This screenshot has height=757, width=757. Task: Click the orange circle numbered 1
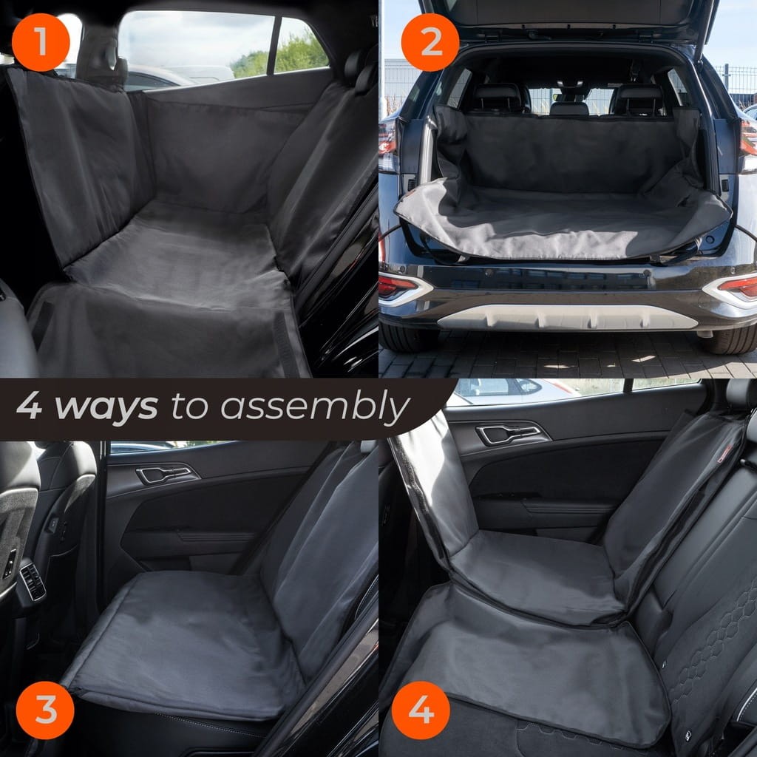41,42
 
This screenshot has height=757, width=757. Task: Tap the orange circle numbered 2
430,42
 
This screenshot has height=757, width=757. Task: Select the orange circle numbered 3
45,710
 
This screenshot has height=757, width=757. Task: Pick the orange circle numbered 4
421,710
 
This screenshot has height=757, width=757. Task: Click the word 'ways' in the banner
106,407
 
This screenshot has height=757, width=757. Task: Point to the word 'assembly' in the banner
315,407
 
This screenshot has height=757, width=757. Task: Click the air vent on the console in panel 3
33,583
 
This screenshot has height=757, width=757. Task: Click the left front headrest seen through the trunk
498,98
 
